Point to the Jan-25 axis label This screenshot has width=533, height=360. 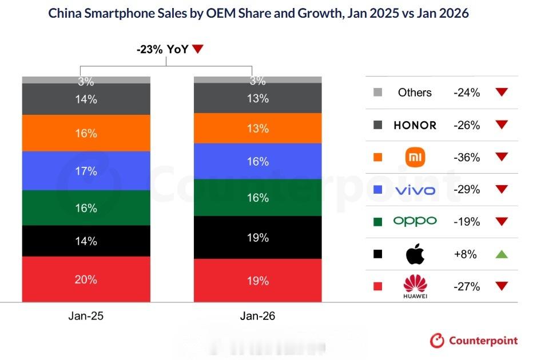point(86,316)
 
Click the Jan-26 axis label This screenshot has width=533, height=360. point(258,316)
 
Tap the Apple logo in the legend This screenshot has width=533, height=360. point(415,254)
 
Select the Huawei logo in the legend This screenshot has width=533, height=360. point(415,286)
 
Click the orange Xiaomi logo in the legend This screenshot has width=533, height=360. point(415,157)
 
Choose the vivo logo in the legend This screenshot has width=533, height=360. point(415,190)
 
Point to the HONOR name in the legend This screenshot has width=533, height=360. point(415,125)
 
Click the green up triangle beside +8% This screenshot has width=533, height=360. point(502,254)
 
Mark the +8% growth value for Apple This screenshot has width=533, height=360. point(466,254)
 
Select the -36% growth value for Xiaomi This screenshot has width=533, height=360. point(466,157)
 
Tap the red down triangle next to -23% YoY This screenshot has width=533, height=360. point(198,50)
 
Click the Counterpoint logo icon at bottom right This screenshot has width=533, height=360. point(437,341)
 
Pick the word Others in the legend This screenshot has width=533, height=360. point(415,93)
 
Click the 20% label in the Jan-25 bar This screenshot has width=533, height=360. point(86,279)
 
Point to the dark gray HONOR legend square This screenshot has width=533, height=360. point(377,125)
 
